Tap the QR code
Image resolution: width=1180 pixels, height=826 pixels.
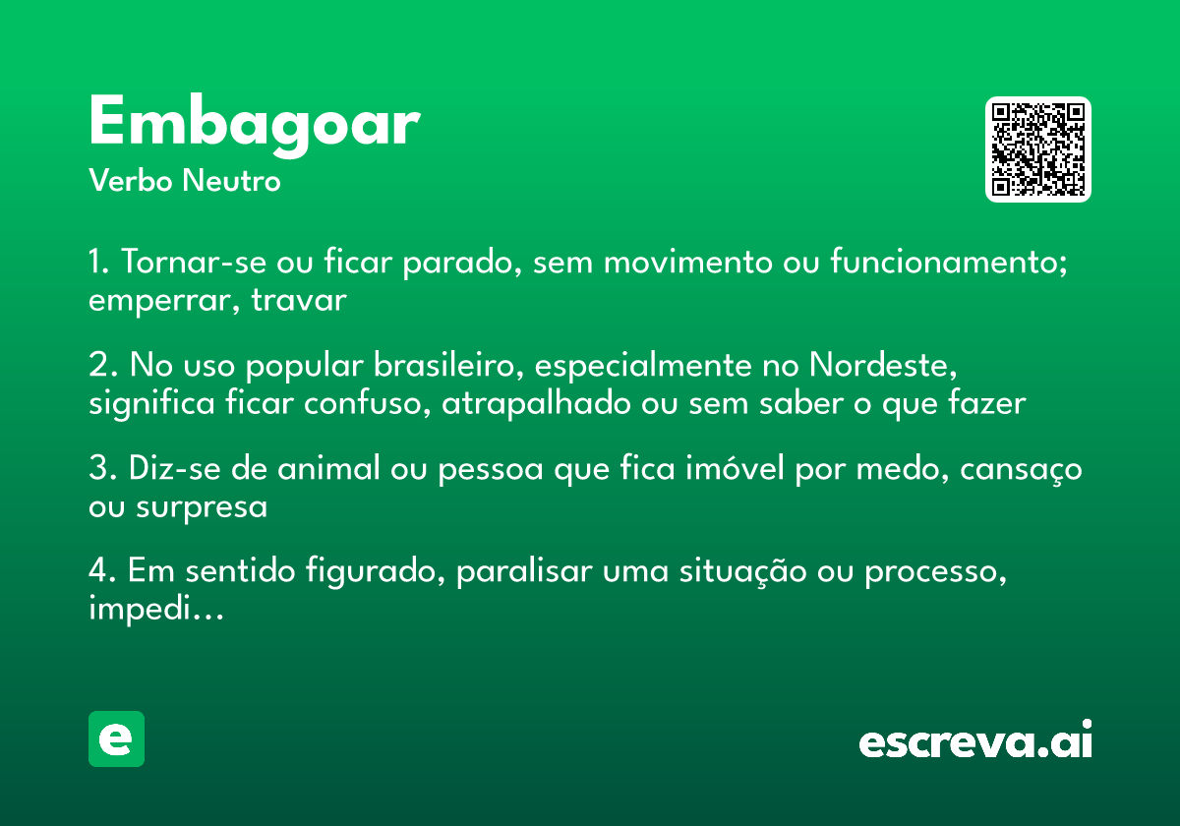1038,149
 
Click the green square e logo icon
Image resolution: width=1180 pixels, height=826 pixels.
116,738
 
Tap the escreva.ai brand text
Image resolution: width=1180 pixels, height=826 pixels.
975,742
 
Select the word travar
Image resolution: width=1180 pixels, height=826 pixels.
299,301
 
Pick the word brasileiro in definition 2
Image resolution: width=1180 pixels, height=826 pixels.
439,366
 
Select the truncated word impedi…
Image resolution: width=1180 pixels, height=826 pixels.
156,611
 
